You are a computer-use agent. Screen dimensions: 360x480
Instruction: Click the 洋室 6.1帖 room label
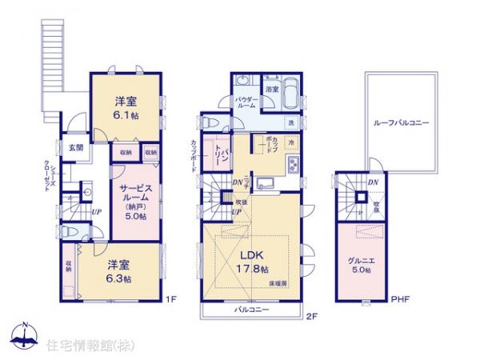[x=123, y=107]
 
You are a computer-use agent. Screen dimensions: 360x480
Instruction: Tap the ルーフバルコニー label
[x=401, y=123]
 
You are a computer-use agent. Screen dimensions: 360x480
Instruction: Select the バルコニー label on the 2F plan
[x=251, y=310]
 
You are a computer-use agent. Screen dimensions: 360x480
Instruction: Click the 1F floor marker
[x=170, y=300]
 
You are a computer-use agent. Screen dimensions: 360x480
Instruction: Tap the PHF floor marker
[x=401, y=300]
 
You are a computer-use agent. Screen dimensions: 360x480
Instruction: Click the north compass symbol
[x=25, y=336]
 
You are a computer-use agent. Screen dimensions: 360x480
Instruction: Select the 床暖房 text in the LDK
[x=278, y=284]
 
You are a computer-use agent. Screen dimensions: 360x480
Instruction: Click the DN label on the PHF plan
[x=374, y=182]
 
